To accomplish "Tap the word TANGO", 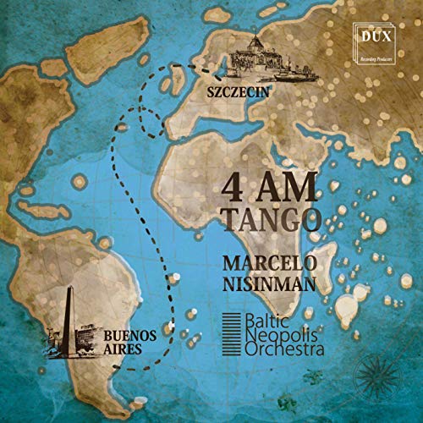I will click(272, 220).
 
